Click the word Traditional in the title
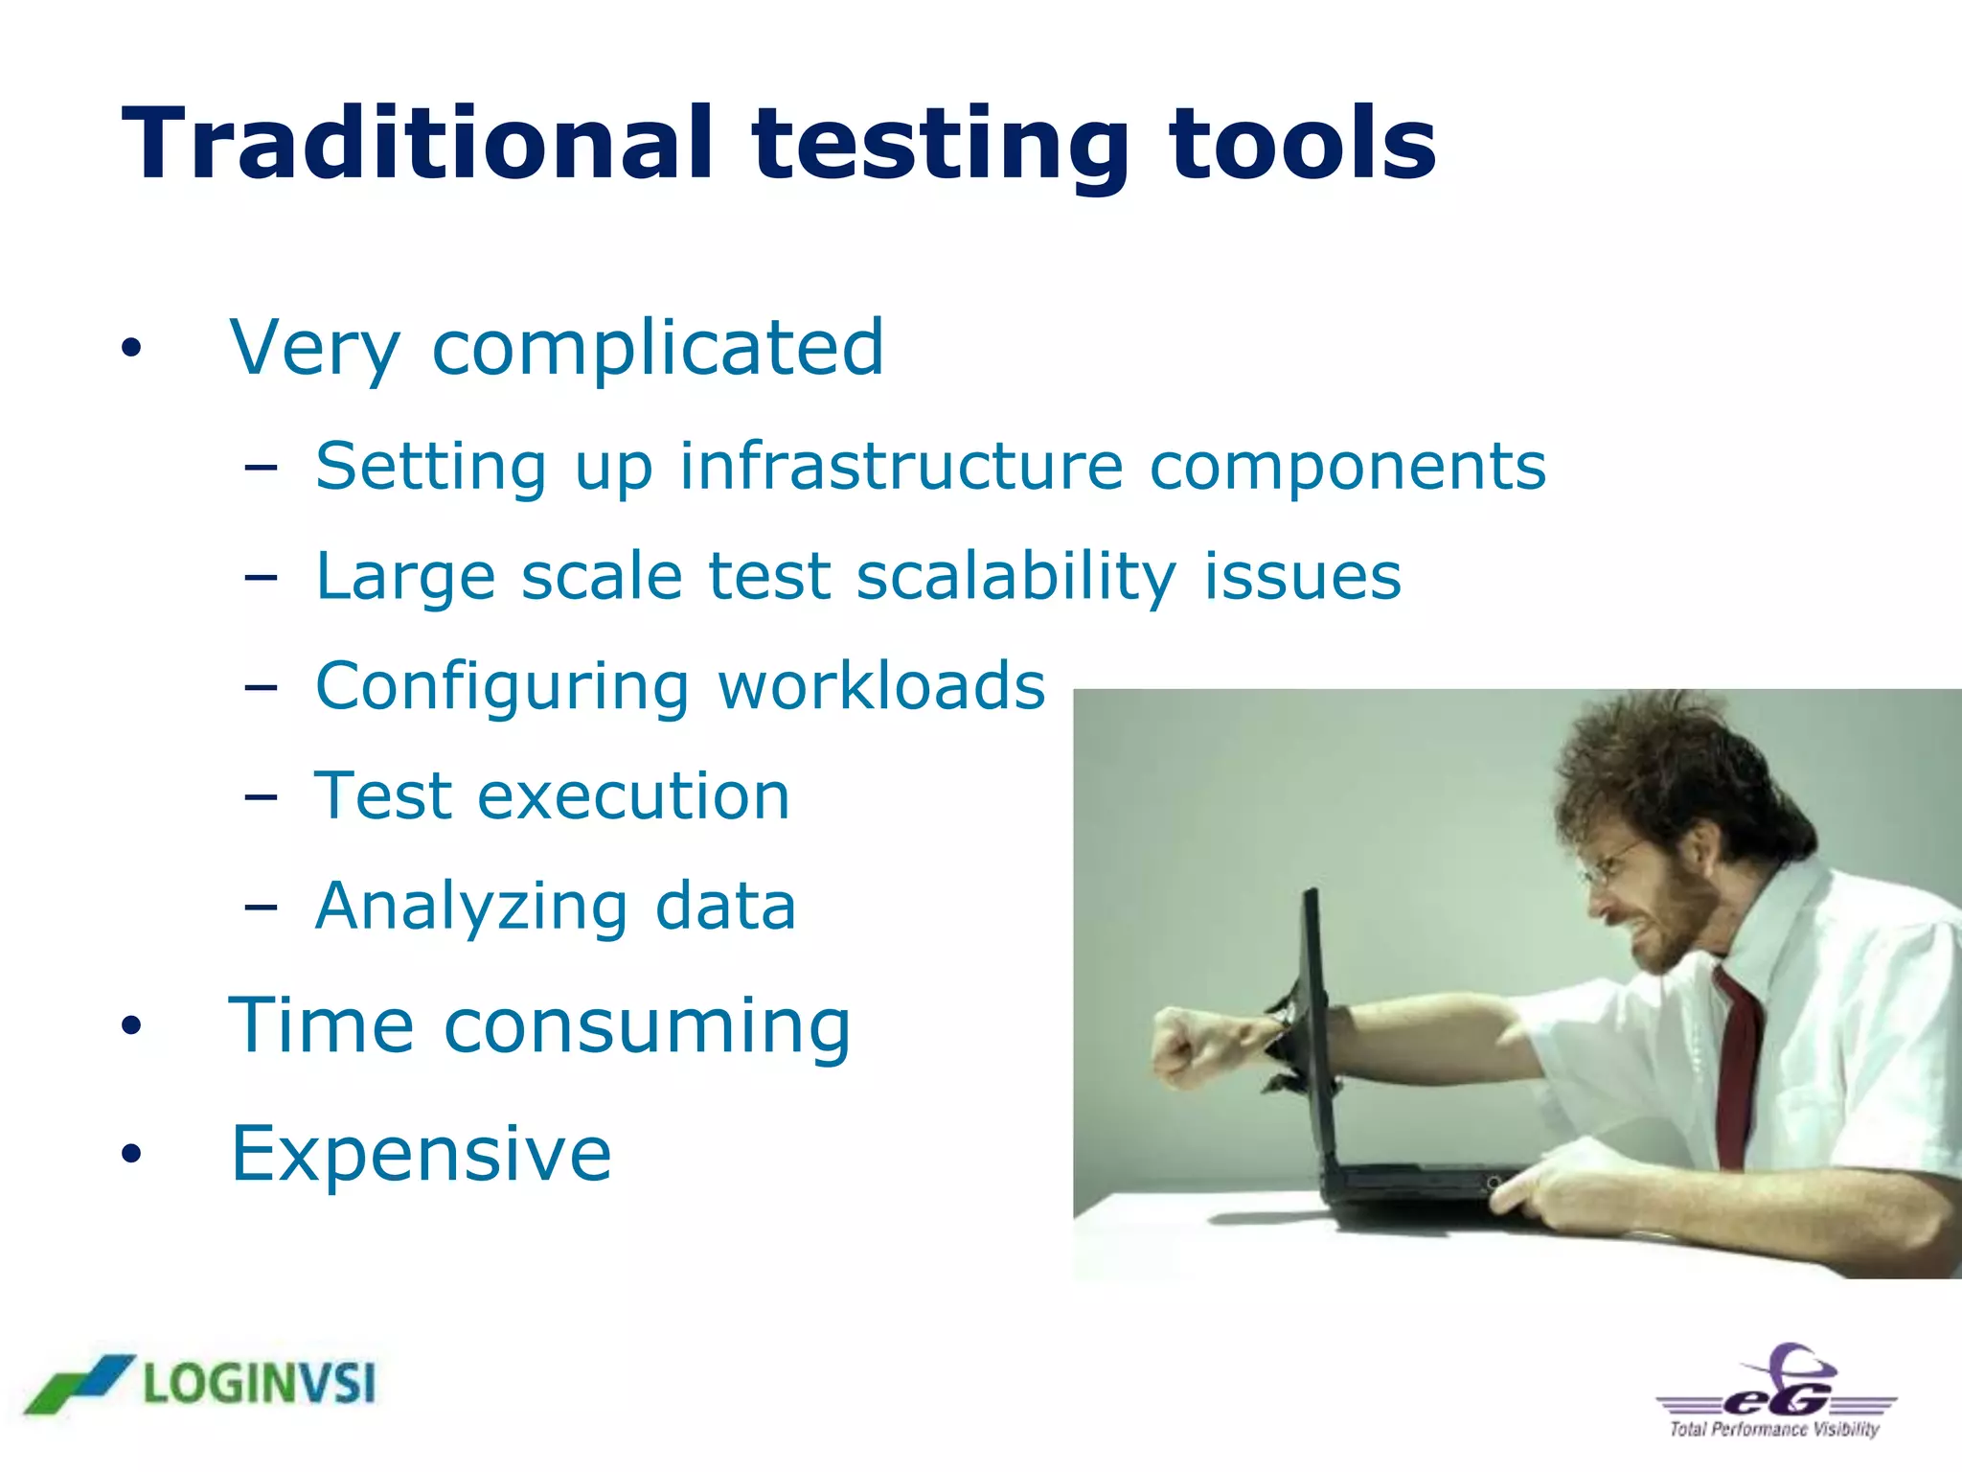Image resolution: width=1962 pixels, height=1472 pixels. tap(417, 144)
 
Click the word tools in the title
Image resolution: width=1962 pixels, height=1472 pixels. tap(1302, 144)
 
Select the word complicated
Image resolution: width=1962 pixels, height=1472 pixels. tap(657, 348)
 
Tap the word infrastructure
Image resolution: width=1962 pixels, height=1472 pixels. tap(901, 467)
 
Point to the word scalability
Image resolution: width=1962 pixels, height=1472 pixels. tap(1015, 577)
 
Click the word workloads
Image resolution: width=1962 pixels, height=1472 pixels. tap(880, 686)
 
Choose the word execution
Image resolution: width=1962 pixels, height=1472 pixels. tap(633, 796)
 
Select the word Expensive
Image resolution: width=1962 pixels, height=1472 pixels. tap(421, 1153)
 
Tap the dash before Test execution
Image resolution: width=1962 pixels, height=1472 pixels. tap(261, 797)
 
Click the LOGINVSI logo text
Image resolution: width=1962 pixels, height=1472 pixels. tap(260, 1384)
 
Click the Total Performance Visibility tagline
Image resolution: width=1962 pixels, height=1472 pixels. tap(1773, 1429)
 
